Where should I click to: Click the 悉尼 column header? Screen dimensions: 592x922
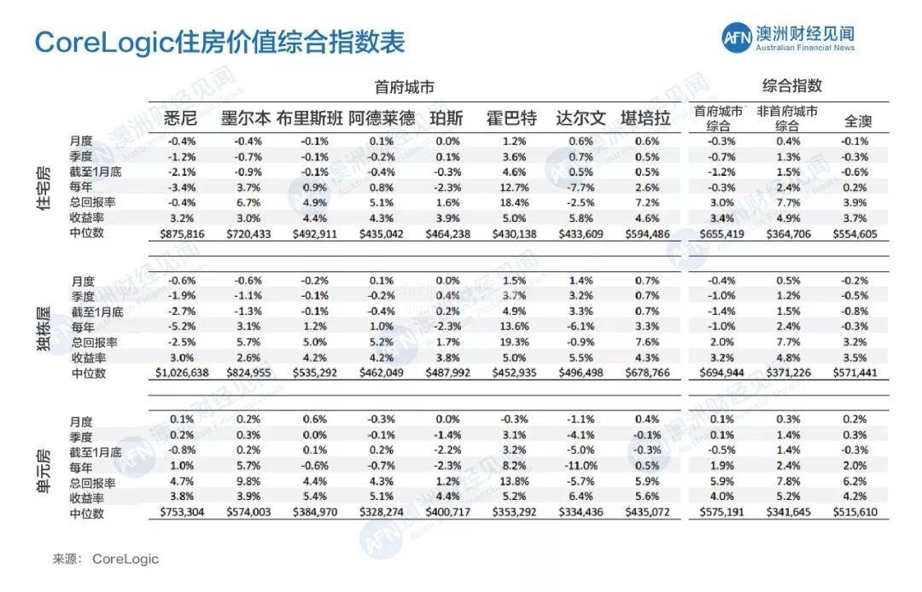[180, 118]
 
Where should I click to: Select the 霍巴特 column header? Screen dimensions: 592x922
[511, 118]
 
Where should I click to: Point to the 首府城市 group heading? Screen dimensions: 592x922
[404, 86]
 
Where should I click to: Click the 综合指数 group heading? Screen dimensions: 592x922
[792, 85]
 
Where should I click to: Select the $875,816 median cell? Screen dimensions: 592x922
[181, 234]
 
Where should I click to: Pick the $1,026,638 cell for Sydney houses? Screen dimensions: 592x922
[181, 373]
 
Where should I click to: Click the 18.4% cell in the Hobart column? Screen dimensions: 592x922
[515, 202]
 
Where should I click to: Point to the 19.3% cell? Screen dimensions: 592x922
[515, 342]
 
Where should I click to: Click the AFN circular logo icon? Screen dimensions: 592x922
[736, 38]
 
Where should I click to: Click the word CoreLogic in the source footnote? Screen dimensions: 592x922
[125, 560]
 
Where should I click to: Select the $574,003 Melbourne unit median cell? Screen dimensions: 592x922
[248, 513]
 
